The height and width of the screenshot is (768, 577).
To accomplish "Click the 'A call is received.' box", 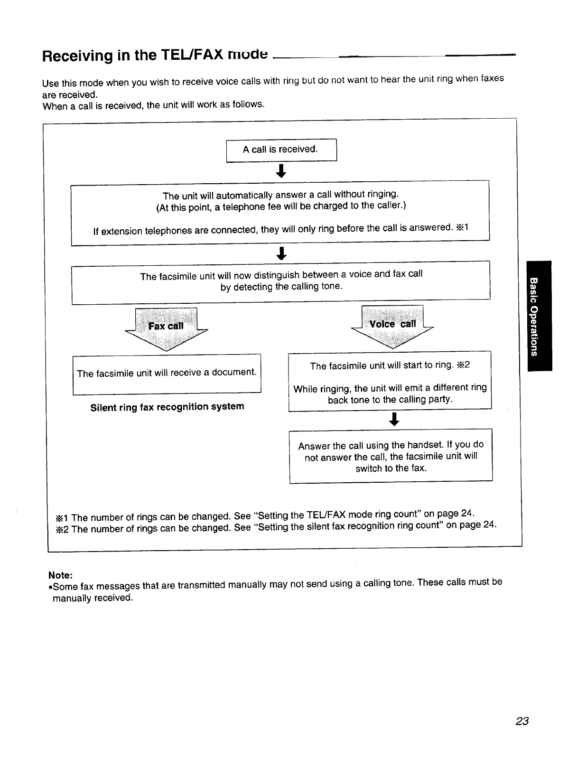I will click(281, 150).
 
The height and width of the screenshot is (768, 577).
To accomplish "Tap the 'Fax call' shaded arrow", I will click(166, 327).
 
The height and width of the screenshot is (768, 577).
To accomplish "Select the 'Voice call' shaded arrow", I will click(392, 325).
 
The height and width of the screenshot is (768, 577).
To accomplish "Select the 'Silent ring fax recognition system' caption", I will click(167, 407).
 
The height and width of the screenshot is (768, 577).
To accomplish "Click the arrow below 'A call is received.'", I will click(281, 171).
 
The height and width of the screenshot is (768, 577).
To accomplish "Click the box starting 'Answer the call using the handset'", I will click(391, 457).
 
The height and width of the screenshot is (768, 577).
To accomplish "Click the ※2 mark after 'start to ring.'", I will click(463, 365).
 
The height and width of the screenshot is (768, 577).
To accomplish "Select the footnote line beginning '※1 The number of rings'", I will click(265, 515).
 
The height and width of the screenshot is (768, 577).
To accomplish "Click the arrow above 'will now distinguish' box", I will click(282, 253).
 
